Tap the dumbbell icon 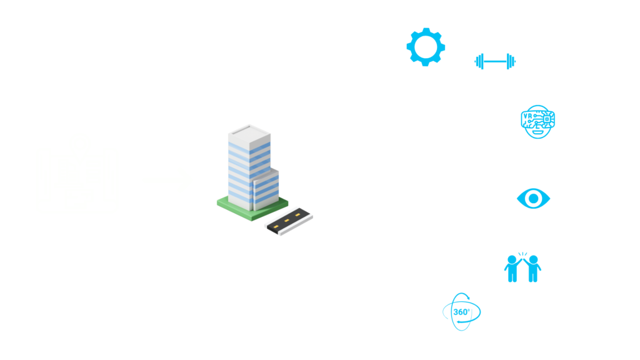[495, 61]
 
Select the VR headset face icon [537, 121]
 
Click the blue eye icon [533, 198]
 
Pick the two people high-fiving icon [522, 267]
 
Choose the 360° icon [462, 312]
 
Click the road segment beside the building [289, 221]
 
